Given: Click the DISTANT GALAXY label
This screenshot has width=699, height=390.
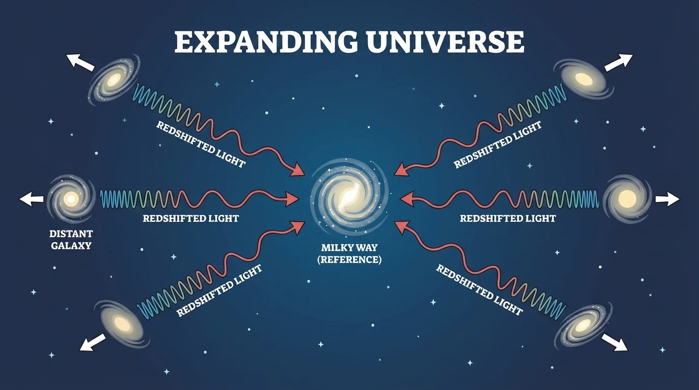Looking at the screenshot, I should tap(71, 240).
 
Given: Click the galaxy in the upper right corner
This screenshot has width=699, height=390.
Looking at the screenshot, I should tap(584, 79).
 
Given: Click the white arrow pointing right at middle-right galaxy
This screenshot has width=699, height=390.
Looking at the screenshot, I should tap(666, 200).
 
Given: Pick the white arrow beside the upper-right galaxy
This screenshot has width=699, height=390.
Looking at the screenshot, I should tap(618, 61).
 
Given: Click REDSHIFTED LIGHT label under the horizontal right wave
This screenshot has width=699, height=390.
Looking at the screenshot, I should tap(507, 218).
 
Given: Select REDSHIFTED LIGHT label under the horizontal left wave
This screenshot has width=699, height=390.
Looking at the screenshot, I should tap(190, 218).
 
